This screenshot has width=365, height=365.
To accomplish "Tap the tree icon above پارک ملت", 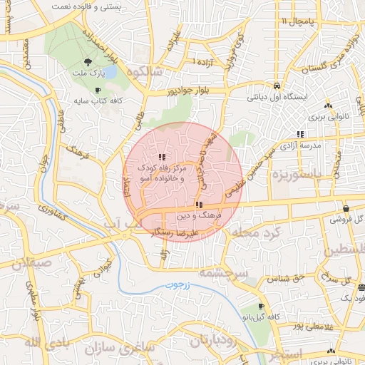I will tap(88, 62).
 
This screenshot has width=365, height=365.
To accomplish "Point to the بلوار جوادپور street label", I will tap(170, 91).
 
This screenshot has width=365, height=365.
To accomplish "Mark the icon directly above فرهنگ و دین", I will tap(197, 205).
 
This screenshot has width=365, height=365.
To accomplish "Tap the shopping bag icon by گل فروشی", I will tap(346, 209).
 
